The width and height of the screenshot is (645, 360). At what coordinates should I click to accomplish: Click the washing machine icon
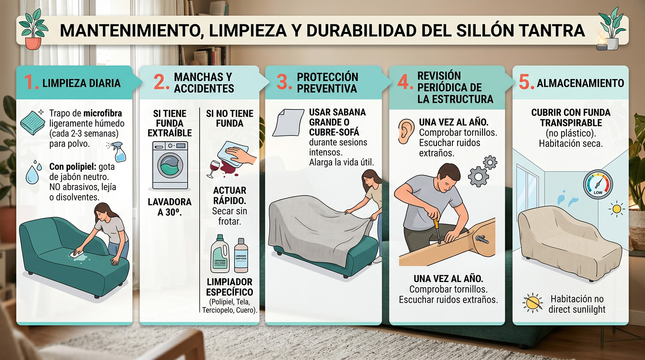coord(170,165)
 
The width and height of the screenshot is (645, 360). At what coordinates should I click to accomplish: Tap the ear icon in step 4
coord(405,131)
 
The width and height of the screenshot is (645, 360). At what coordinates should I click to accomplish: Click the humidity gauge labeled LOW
coord(598,185)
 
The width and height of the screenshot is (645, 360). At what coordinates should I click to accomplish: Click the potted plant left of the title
coord(34,30)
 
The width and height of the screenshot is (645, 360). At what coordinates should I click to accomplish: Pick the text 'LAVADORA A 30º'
coord(169,207)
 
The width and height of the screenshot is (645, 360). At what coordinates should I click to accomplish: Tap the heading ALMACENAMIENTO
coord(580,83)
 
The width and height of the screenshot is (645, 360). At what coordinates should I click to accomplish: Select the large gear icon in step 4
coord(478,176)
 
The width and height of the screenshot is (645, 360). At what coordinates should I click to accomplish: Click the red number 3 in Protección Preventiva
coord(284,83)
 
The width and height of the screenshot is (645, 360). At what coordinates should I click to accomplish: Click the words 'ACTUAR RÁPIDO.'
coord(230,196)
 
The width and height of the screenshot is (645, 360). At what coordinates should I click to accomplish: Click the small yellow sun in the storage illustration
coord(617,209)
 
